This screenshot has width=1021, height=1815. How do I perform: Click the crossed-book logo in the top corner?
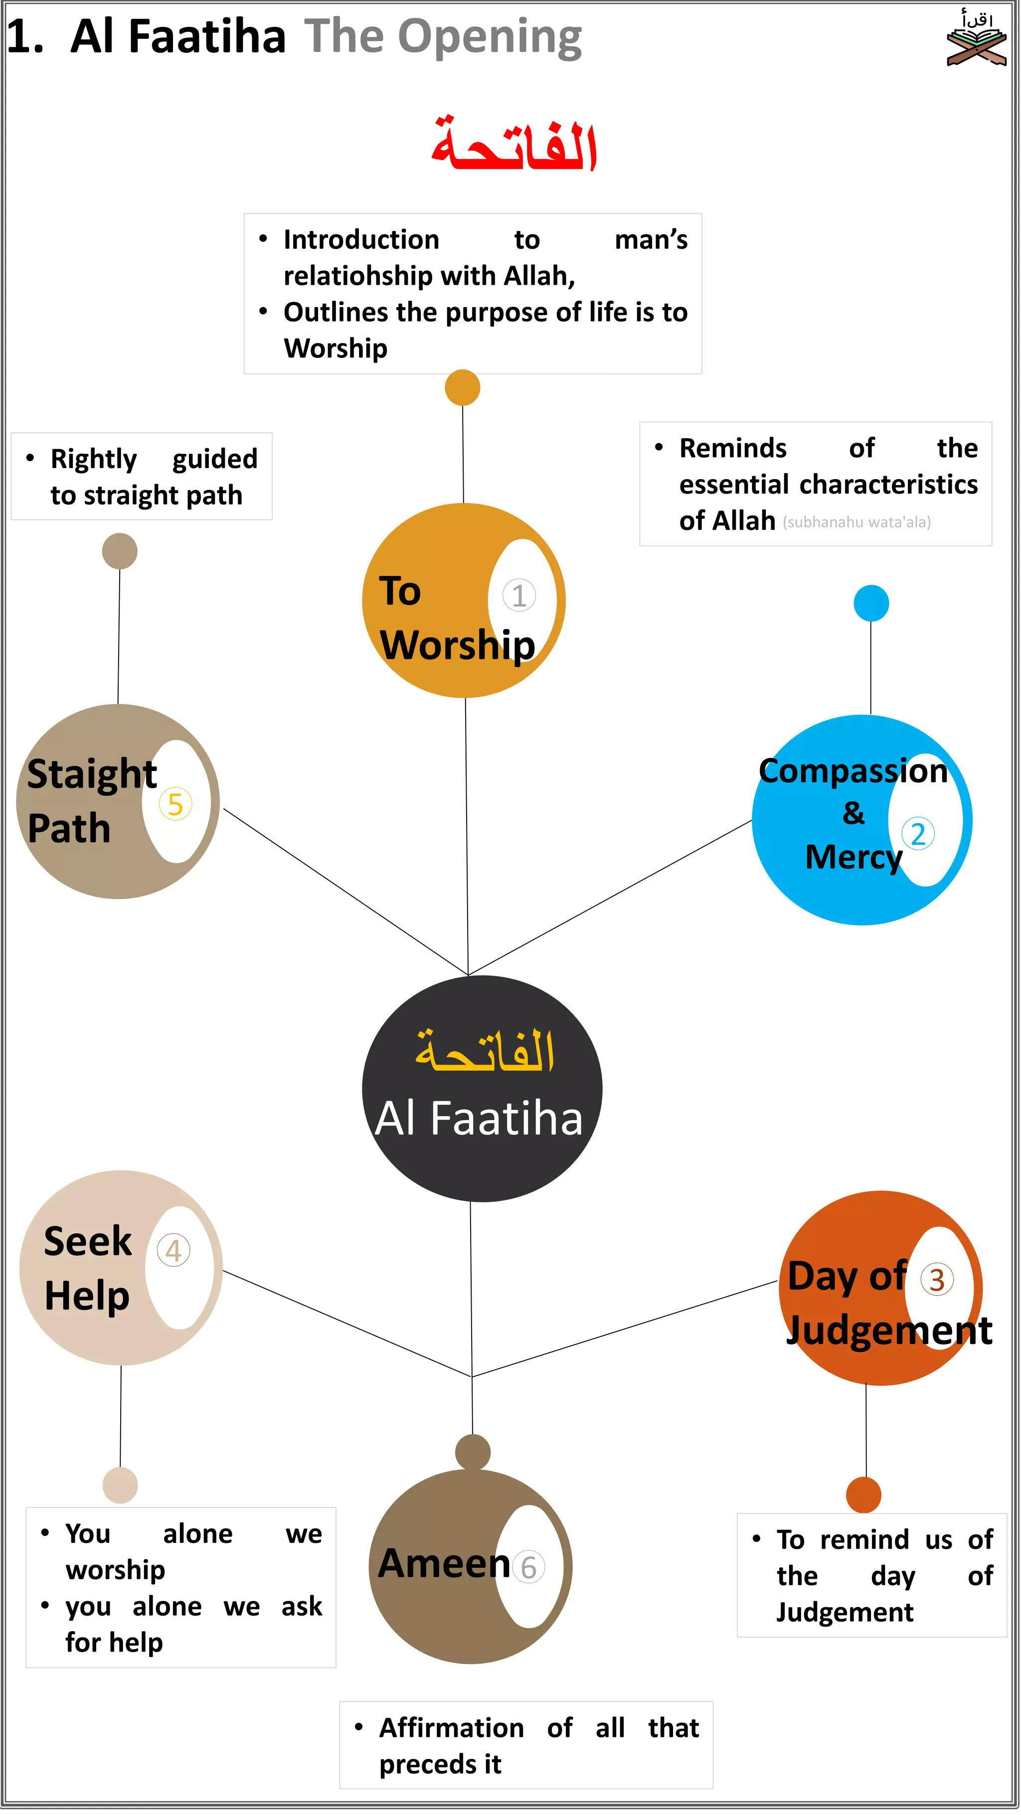[976, 39]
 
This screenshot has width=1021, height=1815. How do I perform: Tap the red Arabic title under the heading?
[514, 145]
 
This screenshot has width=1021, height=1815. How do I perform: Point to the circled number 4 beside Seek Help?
[172, 1251]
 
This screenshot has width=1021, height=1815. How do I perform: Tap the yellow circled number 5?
[175, 804]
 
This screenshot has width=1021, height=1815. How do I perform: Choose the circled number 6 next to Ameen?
[528, 1568]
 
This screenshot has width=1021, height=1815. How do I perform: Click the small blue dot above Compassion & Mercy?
[871, 603]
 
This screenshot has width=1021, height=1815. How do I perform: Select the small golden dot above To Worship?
[462, 387]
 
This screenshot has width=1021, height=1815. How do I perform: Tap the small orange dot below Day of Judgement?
[863, 1495]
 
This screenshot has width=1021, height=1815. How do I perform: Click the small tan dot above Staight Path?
[120, 551]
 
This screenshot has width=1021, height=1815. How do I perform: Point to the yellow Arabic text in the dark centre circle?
[485, 1051]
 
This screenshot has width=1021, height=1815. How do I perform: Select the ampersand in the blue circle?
[853, 813]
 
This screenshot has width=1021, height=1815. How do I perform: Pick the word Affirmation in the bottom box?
[451, 1728]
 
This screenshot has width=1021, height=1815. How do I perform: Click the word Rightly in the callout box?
[94, 460]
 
